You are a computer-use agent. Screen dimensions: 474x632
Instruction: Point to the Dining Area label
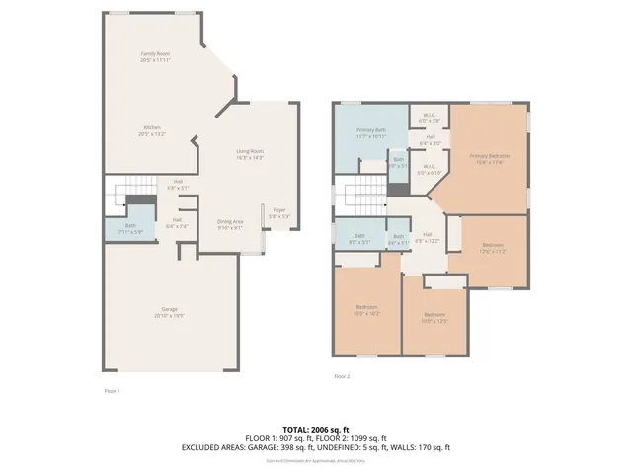point(229,224)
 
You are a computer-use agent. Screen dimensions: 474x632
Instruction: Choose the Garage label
point(170,312)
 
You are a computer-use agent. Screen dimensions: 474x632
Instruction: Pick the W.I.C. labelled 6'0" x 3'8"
point(430,117)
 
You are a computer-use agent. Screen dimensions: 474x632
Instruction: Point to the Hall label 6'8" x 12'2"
point(427,237)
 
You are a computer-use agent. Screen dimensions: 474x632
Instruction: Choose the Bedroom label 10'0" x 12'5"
point(434,319)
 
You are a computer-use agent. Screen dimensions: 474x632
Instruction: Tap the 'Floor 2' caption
point(342,376)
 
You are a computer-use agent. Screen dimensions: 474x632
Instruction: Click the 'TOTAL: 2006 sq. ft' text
point(315,430)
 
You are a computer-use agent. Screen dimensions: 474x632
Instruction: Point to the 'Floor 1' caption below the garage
point(112,392)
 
